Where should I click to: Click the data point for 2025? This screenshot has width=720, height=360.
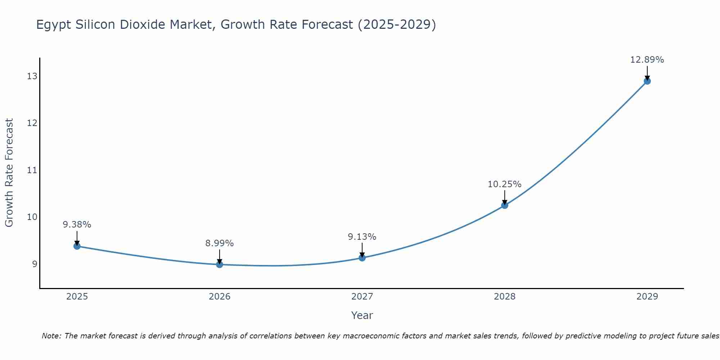[x=77, y=246]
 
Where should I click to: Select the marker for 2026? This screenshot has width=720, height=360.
[x=220, y=265]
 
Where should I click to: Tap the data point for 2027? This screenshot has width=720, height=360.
[x=362, y=258]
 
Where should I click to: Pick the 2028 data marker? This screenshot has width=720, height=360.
[x=505, y=206]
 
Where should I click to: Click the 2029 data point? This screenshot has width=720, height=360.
[x=647, y=81]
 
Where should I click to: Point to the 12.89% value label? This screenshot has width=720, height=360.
[x=647, y=60]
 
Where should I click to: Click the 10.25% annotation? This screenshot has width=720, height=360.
[x=504, y=184]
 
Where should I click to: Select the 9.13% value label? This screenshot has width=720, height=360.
[x=362, y=237]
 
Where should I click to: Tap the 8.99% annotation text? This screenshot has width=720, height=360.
[x=219, y=243]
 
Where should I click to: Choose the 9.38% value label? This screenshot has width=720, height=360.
[x=77, y=225]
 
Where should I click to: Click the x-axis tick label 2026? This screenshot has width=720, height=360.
[x=220, y=297]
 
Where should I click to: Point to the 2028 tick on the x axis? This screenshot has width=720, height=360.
[x=505, y=297]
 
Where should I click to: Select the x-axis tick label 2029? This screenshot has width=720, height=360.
[x=647, y=297]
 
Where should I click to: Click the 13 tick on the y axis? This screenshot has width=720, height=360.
[x=32, y=76]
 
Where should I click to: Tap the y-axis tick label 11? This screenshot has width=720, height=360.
[x=32, y=170]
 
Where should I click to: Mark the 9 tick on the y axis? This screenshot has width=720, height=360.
[x=35, y=264]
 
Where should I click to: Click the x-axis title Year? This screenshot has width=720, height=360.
[x=362, y=315]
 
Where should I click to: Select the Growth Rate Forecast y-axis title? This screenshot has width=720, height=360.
[x=9, y=173]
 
